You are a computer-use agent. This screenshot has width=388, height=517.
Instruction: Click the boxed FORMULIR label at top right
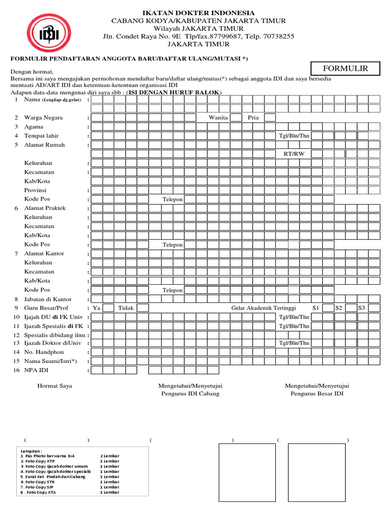pos(346,69)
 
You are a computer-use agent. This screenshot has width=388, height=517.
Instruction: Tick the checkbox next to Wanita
pos(235,118)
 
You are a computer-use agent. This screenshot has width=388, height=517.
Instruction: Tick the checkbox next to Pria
pos(270,118)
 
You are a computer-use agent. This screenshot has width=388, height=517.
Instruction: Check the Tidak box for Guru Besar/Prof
pos(143,308)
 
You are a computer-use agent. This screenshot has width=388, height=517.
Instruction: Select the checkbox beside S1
pos(328,308)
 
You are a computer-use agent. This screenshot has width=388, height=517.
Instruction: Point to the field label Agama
pos(34,127)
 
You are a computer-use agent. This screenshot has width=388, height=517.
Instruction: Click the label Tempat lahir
pos(40,136)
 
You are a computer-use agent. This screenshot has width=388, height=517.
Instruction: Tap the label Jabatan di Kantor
pos(47,299)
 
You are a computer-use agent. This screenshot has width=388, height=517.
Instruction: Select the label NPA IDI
pos(37,370)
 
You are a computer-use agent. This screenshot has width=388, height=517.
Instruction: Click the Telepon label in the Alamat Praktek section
pos(172,245)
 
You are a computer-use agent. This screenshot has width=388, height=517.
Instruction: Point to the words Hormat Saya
pos(55,386)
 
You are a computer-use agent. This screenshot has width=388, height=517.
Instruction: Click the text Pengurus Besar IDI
pos(317,394)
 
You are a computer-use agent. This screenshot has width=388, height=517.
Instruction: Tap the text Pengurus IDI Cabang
pos(190,394)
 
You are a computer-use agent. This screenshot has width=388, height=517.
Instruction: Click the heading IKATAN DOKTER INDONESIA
pos(198,13)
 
